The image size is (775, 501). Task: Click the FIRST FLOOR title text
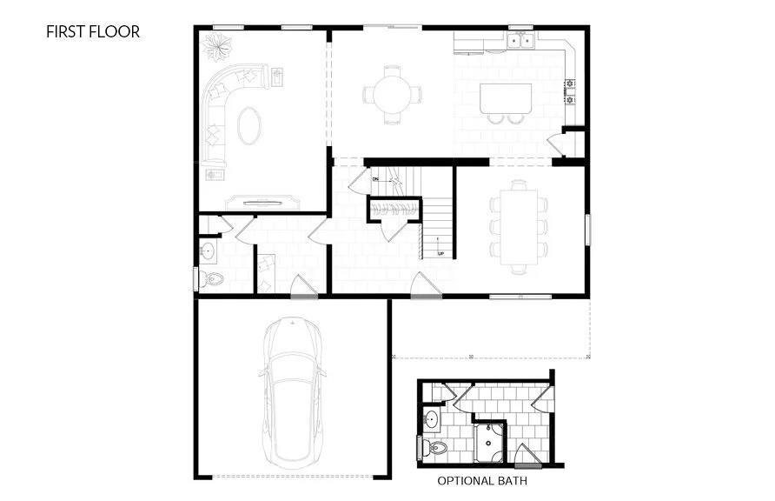coord(93,32)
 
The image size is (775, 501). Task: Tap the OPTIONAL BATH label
coord(480,480)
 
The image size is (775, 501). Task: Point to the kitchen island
coord(507,97)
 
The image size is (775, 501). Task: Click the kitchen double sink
coord(521,41)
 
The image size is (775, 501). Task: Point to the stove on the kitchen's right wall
coord(572,91)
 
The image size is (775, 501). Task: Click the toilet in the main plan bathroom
coord(210,279)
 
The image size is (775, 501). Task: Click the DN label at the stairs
coord(376,179)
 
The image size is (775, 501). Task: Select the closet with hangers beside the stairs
coord(395,209)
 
